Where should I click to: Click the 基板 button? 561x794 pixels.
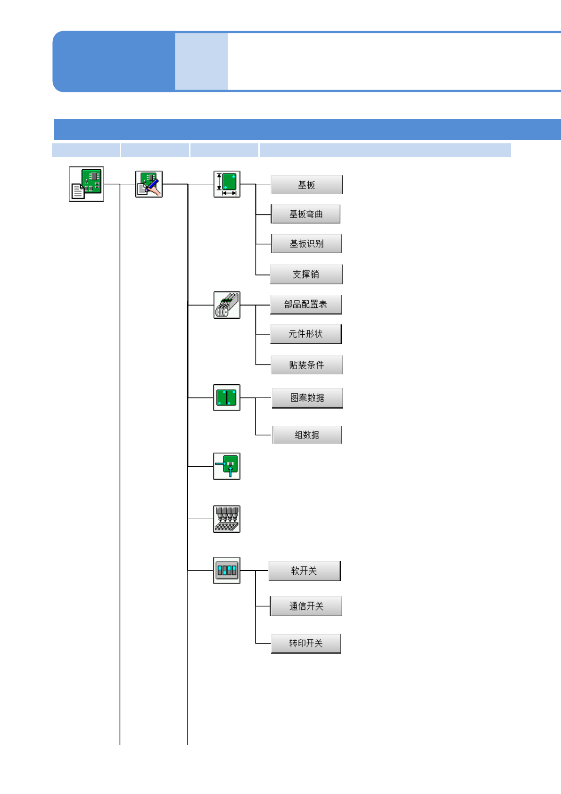(x=306, y=185)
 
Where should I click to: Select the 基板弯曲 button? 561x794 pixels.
(x=305, y=214)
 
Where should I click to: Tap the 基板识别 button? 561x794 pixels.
(x=306, y=244)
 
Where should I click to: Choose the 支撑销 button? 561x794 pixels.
(x=306, y=274)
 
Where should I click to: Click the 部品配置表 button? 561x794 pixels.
(x=305, y=305)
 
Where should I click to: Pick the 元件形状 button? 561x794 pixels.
(x=305, y=334)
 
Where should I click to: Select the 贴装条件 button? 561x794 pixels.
(x=306, y=365)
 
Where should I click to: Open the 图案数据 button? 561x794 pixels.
(x=307, y=398)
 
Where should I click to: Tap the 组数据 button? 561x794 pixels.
(x=307, y=435)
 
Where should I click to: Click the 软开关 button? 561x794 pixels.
(x=304, y=571)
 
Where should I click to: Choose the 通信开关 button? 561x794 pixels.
(x=306, y=606)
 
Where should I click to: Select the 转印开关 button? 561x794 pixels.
(x=305, y=644)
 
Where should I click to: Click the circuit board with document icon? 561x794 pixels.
(x=86, y=184)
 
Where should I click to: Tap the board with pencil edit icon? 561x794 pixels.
(x=149, y=184)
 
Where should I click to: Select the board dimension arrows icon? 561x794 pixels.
(x=227, y=184)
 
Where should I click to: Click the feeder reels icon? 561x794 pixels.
(x=227, y=305)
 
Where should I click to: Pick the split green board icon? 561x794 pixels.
(x=227, y=397)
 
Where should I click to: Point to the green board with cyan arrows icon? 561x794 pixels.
(x=227, y=466)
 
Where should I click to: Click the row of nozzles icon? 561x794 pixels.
(x=227, y=519)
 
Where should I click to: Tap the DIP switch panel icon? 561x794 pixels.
(x=227, y=571)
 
